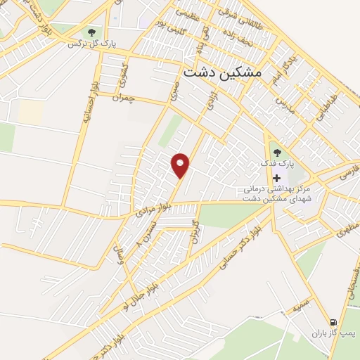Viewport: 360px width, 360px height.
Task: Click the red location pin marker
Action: tap(181, 165)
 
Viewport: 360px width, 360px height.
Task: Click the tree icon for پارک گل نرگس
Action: tap(91, 32)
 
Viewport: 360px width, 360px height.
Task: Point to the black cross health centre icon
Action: tap(276, 179)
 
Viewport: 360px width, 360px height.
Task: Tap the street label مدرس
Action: tap(283, 105)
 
